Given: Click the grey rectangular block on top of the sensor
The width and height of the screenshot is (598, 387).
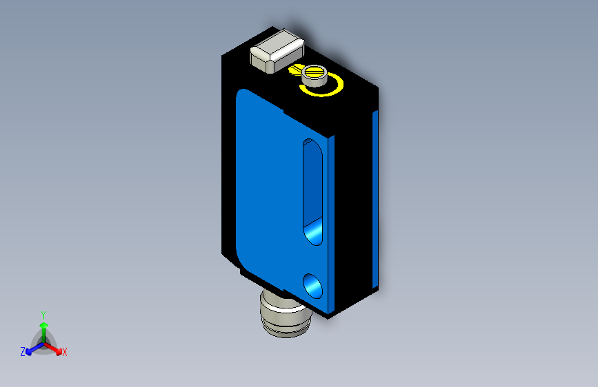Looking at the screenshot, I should (x=276, y=52).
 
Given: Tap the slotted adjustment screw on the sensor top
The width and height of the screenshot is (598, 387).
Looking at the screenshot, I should (x=315, y=73).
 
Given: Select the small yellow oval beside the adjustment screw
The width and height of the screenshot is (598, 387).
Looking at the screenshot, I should (x=295, y=70).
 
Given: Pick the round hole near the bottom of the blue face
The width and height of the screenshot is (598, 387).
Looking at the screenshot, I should (x=312, y=283).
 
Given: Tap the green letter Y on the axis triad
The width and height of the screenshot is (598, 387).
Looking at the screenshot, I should (x=43, y=313).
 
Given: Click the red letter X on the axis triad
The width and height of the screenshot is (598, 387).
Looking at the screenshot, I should (x=65, y=352).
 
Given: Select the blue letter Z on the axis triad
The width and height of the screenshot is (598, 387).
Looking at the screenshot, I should (x=23, y=351).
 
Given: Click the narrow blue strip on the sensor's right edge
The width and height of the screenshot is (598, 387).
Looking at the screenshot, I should (x=375, y=200).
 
